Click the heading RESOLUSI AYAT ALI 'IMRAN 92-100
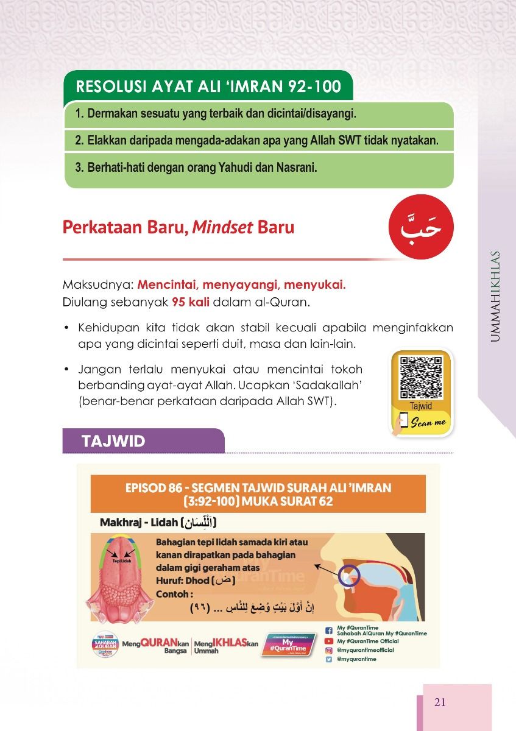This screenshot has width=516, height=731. pos(208,87)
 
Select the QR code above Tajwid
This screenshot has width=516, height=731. pos(420,378)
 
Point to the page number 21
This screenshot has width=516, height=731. pos(440,702)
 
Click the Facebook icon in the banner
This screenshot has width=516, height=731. pos(328,631)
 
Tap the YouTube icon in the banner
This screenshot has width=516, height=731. pos(328,641)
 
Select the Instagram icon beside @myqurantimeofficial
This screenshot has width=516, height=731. pos(328,650)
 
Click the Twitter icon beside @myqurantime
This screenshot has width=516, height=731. pos(328,659)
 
